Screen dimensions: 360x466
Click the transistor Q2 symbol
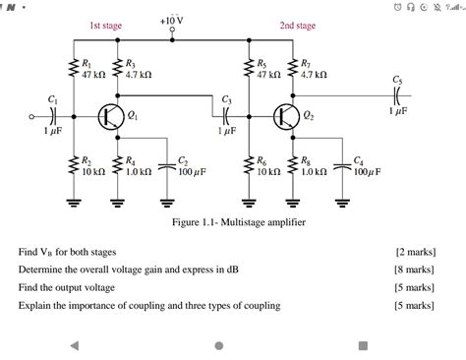285,116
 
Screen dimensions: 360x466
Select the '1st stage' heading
106,26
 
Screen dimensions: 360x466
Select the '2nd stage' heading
297,26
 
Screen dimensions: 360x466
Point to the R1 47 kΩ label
94,69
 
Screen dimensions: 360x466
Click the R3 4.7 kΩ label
138,69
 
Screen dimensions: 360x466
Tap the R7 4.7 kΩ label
314,69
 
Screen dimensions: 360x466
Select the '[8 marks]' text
414,269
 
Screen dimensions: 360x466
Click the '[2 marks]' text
414,251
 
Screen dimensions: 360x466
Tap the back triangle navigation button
74,345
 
